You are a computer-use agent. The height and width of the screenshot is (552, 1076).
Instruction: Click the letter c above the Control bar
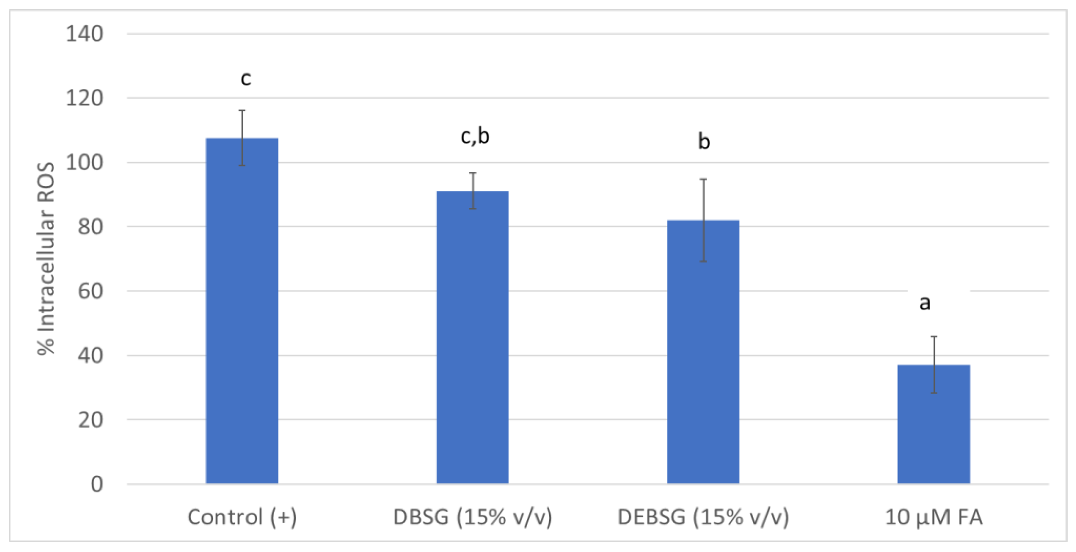[246, 78]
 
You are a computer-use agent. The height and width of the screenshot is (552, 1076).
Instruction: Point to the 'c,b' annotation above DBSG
[475, 137]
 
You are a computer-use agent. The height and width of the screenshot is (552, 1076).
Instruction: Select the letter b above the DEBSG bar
[704, 142]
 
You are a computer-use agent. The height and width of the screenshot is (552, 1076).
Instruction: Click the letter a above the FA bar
[925, 303]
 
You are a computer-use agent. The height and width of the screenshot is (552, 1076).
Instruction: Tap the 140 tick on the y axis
[84, 34]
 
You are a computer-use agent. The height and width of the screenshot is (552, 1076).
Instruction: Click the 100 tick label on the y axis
[84, 162]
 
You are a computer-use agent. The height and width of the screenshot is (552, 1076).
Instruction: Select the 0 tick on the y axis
[97, 484]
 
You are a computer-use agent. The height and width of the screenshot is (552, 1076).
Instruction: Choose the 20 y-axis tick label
[90, 420]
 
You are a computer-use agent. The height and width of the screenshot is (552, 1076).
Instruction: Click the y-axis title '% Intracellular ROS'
[46, 259]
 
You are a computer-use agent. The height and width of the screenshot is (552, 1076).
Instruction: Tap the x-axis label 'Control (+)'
[242, 517]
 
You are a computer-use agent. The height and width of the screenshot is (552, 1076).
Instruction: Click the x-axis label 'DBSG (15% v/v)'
[473, 517]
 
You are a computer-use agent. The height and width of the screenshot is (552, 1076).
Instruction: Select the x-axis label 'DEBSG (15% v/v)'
[703, 517]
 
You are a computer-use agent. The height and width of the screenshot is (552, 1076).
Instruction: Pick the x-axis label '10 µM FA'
[934, 517]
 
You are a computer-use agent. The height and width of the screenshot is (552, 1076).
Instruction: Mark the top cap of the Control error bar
[242, 111]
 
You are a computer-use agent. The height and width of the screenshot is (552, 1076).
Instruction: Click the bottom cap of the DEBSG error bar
[703, 261]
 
